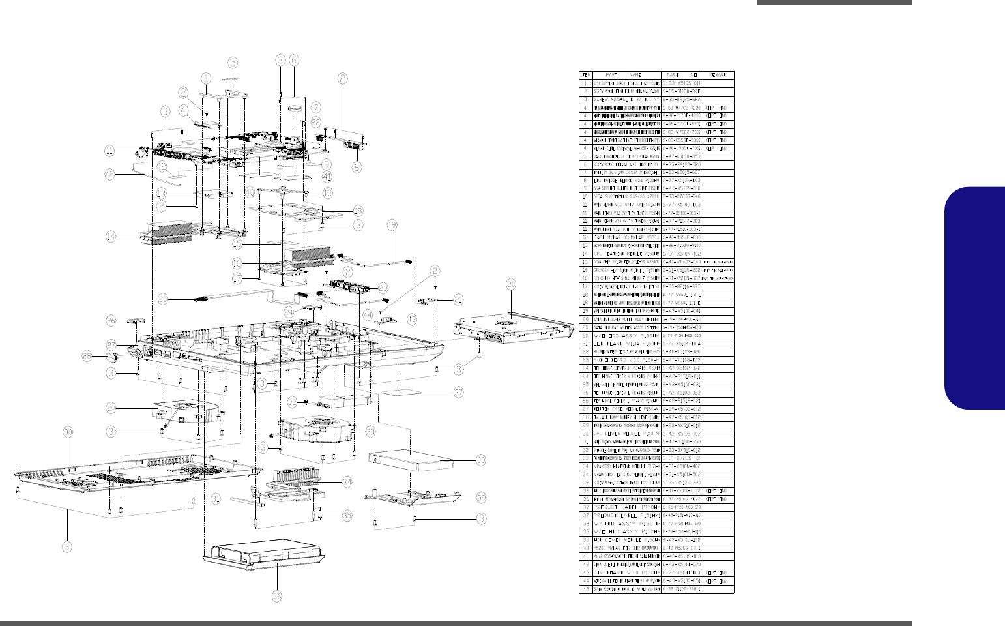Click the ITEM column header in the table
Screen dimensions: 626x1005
click(585, 75)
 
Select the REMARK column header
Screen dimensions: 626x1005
click(718, 75)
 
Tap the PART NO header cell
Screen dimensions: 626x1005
click(682, 75)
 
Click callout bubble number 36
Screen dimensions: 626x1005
click(277, 596)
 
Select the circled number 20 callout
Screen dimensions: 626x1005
click(511, 284)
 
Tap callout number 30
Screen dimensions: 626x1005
click(68, 432)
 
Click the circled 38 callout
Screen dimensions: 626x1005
click(480, 460)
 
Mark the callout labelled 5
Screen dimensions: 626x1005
click(233, 62)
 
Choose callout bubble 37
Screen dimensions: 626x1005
click(459, 393)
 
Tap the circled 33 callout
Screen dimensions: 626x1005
click(370, 431)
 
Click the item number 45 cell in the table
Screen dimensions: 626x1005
click(585, 589)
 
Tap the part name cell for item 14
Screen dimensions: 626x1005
click(626, 254)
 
